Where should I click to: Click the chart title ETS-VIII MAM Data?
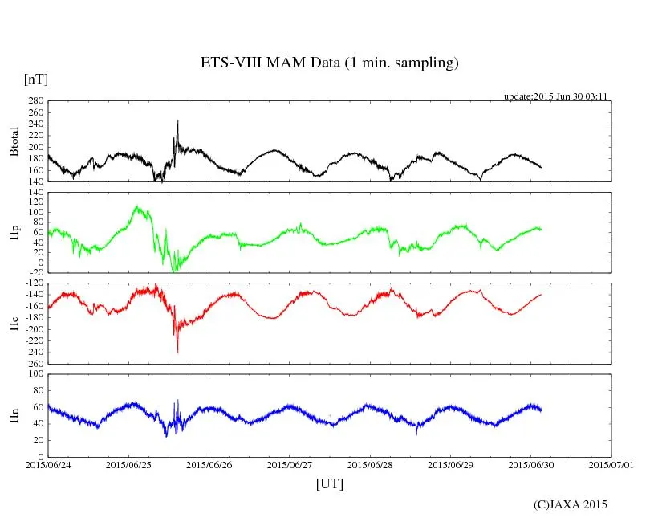coord(329,63)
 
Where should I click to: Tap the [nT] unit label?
coord(35,79)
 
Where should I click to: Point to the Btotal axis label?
coord(14,141)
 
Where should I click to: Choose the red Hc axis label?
coord(14,324)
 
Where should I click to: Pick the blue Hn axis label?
coord(14,415)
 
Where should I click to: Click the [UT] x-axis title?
coord(330,483)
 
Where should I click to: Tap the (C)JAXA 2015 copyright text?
coord(571,504)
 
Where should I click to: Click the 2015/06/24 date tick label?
coord(48,464)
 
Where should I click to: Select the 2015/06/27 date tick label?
coord(290,464)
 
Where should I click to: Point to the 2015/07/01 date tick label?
coord(611,464)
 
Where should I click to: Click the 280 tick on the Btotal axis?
coord(35,101)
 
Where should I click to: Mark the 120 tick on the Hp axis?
coord(35,193)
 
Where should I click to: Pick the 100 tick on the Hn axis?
coord(35,374)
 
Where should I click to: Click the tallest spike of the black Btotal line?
coord(177,120)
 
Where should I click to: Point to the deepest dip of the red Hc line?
coord(177,353)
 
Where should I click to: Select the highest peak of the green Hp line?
coord(137,206)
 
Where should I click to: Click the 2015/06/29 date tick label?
coord(451,464)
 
